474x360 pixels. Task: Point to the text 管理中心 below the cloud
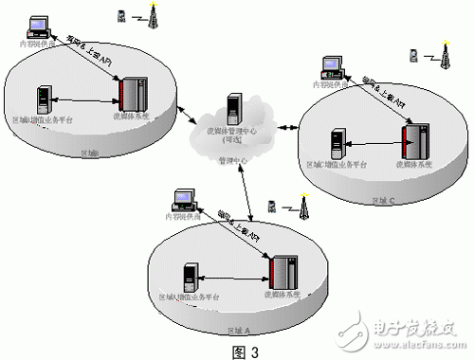coord(231,161)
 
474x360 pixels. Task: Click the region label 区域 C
coord(385,200)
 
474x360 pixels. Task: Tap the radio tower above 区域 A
coord(303,207)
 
